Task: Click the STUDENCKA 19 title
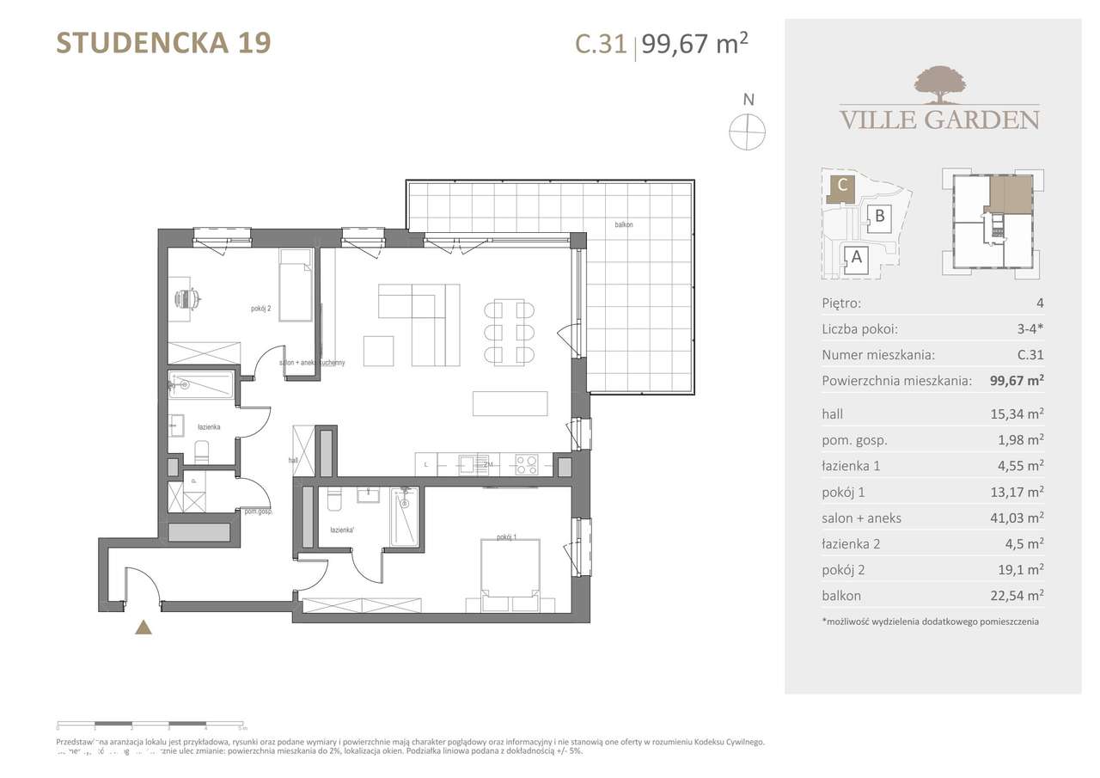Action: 163,43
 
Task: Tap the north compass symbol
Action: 747,132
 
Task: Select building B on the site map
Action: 879,217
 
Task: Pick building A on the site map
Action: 854,255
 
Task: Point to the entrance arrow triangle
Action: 144,628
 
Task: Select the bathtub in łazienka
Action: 202,385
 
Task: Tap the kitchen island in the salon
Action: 510,404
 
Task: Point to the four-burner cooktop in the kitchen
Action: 526,465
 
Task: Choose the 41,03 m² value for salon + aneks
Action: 1017,518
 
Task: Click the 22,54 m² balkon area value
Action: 1017,595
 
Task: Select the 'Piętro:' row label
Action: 841,303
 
